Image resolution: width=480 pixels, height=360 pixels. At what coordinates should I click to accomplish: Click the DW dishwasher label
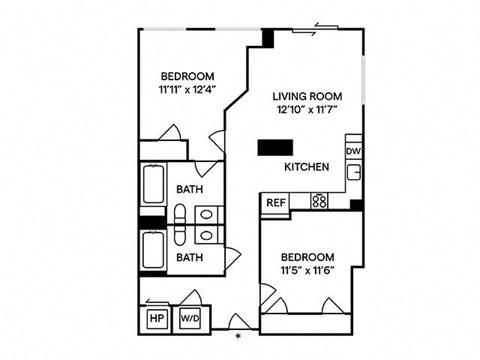[x=353, y=151]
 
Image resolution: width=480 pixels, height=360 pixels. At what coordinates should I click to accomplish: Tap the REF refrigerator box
[x=276, y=202]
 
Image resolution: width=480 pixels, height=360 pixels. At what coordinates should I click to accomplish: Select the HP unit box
[x=158, y=318]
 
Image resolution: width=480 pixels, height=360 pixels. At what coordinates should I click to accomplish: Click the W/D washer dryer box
[x=190, y=318]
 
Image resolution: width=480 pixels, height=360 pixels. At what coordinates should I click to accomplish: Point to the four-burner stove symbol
[x=319, y=201]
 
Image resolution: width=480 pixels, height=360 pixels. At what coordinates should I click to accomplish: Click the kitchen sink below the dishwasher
[x=353, y=173]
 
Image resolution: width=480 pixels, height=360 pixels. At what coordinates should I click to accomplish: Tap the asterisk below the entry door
[x=238, y=336]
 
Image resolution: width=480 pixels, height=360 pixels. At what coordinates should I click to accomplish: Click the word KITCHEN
[x=307, y=167]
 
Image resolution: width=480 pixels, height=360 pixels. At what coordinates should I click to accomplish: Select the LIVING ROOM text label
[x=307, y=97]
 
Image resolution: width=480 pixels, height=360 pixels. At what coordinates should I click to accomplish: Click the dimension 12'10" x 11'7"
[x=308, y=109]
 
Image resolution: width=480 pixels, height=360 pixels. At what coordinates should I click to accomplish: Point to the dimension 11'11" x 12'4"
[x=188, y=89]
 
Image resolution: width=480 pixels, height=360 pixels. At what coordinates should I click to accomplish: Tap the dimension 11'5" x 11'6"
[x=308, y=270]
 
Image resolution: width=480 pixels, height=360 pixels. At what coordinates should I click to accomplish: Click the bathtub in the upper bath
[x=153, y=183]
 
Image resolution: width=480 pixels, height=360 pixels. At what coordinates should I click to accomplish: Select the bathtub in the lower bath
[x=153, y=250]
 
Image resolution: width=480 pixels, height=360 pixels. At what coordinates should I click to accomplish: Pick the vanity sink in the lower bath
[x=207, y=236]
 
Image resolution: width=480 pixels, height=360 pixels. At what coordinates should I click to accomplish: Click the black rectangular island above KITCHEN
[x=275, y=148]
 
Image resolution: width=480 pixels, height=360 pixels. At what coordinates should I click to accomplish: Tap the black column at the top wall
[x=268, y=38]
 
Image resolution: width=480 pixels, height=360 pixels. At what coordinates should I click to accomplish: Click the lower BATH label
[x=189, y=258]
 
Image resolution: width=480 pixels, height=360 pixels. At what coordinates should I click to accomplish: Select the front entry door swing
[x=239, y=321]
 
